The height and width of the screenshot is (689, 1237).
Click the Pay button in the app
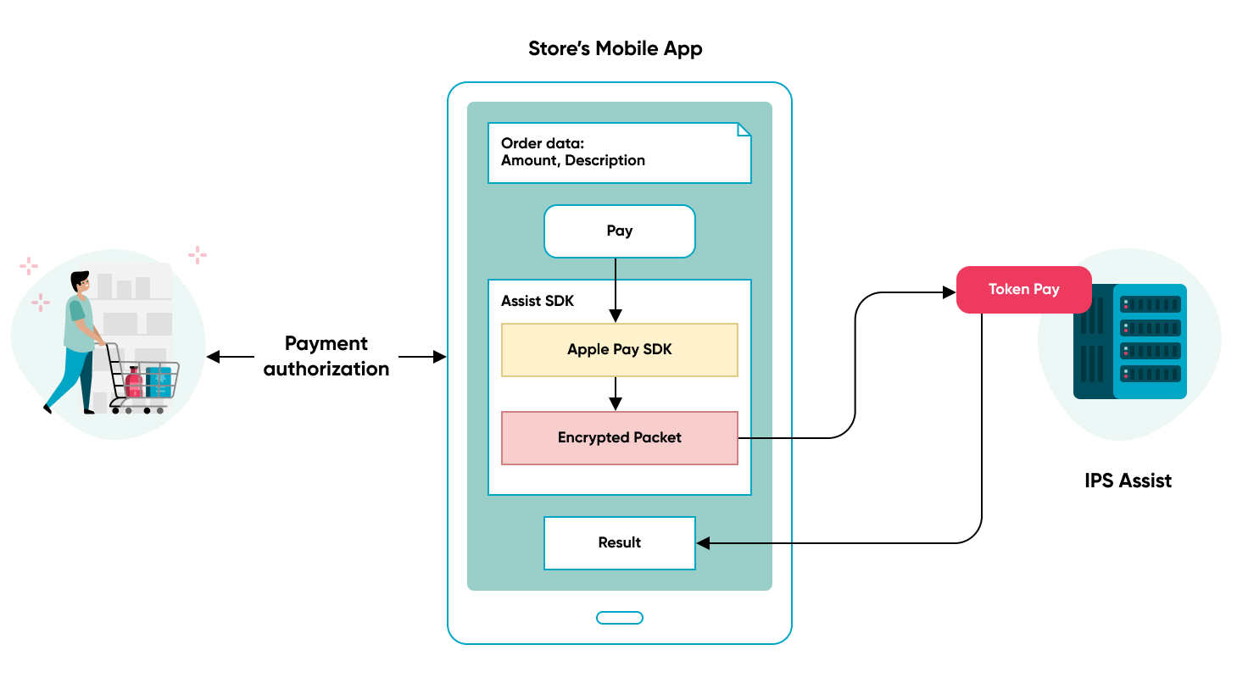click(x=619, y=231)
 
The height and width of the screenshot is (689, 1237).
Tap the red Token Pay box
click(x=1023, y=290)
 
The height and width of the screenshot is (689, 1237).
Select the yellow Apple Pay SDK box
click(x=619, y=350)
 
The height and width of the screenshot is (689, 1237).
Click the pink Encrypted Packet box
click(x=619, y=438)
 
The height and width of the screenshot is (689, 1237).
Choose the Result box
click(x=619, y=543)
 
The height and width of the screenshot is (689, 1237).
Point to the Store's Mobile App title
click(x=615, y=49)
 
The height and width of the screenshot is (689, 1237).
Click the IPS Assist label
click(x=1128, y=481)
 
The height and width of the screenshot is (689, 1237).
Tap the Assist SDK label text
click(x=538, y=302)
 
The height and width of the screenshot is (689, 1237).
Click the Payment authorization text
click(x=326, y=356)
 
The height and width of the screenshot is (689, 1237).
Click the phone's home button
click(x=620, y=618)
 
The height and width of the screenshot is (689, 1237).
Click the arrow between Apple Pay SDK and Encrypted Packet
click(x=616, y=394)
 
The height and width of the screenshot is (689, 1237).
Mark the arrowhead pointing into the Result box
click(x=704, y=543)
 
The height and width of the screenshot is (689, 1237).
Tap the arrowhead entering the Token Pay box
click(x=949, y=292)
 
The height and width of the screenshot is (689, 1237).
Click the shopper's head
click(x=81, y=282)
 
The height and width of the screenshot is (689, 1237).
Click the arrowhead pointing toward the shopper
click(x=214, y=357)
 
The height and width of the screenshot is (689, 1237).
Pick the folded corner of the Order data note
click(x=744, y=130)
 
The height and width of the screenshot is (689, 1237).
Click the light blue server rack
click(x=1150, y=341)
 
